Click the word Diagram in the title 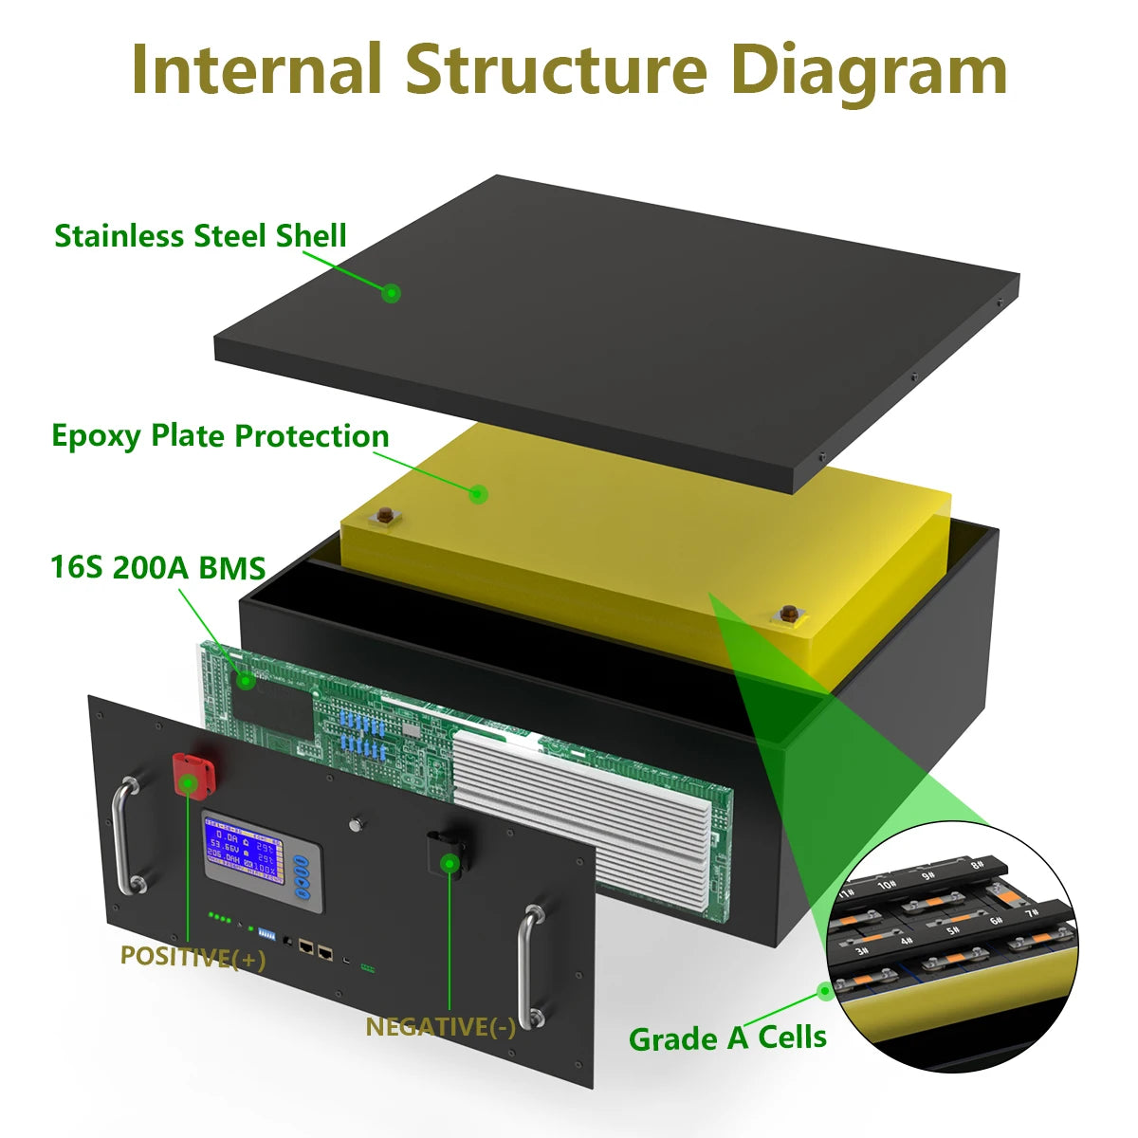[870, 71]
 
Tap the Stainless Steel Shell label [200, 235]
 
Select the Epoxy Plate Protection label [220, 436]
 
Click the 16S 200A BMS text [157, 567]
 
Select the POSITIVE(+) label [193, 957]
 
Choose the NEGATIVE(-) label [440, 1026]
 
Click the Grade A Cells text [727, 1037]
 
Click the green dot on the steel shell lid [391, 293]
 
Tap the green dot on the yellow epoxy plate [479, 493]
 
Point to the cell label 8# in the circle [977, 864]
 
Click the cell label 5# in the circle [951, 931]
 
